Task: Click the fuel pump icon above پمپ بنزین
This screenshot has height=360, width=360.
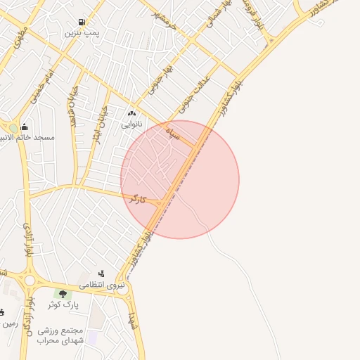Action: (83, 22)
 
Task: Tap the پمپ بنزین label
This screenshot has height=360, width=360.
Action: (83, 33)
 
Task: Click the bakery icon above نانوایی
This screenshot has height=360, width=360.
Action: (131, 113)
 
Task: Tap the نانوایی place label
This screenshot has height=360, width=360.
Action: (131, 124)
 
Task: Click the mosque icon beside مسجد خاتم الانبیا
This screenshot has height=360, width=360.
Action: (25, 127)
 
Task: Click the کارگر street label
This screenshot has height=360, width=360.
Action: (138, 200)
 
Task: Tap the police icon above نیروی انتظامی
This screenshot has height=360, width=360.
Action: (101, 274)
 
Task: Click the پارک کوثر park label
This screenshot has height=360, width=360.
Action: (64, 305)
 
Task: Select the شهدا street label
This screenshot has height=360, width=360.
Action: (131, 322)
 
